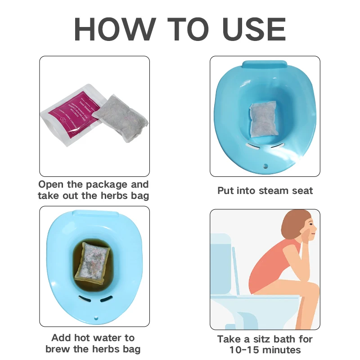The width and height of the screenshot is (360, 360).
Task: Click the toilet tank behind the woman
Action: click(x=221, y=261)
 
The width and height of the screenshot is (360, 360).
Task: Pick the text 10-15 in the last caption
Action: click(x=234, y=350)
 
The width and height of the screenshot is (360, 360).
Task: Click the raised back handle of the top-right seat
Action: click(x=265, y=64)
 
